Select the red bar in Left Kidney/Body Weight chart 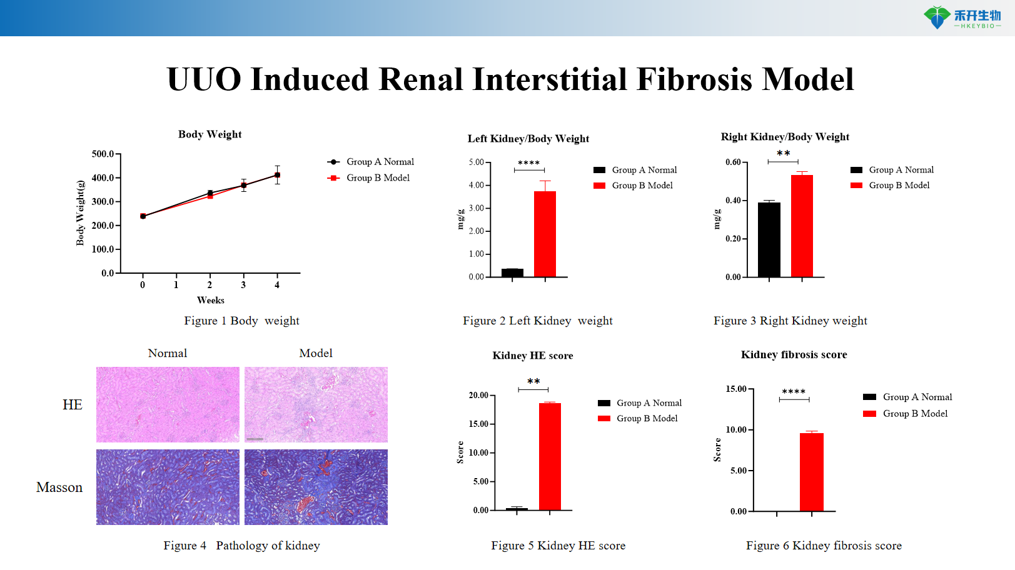pos(545,234)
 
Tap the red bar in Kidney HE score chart pos(550,456)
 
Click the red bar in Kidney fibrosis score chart pos(811,472)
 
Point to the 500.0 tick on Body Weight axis pos(103,154)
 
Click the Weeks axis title pos(210,301)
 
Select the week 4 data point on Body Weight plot pos(277,175)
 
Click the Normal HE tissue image pos(168,404)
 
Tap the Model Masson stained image pos(316,487)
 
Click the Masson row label pos(59,487)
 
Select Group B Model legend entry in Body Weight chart pos(378,178)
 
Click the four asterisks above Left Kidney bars pos(528,163)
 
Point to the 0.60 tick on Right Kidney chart pos(733,162)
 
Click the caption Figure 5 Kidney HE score pos(558,546)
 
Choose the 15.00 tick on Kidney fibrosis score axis pos(735,389)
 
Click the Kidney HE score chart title pos(532,356)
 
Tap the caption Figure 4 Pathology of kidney pos(241,546)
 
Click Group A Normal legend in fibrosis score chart pos(917,397)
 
